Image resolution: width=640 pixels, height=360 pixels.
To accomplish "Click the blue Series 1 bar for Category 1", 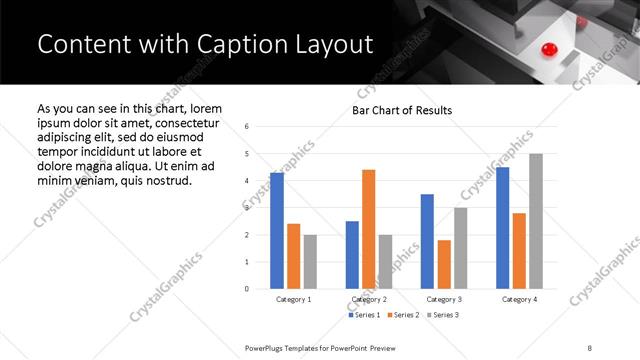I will coord(277,231).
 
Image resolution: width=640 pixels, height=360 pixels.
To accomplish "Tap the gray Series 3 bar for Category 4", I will coord(536,221).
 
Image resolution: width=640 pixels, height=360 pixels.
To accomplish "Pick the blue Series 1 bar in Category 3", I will coord(427,241).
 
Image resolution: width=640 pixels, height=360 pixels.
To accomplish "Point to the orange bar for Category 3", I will coord(444,264).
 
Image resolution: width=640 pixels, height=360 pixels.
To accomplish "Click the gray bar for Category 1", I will coord(310,261).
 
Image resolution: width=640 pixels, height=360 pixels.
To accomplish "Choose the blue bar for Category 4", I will coord(503,228).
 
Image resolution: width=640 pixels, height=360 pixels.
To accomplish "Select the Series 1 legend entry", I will coord(364,316).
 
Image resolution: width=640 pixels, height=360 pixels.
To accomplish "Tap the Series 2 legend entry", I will coord(402,316).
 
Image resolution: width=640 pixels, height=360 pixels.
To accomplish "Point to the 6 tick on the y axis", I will coord(247,127).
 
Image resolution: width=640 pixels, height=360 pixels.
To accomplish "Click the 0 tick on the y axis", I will coord(247,289).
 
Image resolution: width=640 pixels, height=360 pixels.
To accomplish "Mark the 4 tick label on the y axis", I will coord(247,181).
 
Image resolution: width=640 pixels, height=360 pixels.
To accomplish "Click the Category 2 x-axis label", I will coord(369,299).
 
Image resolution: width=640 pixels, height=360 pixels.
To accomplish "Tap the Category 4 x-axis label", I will coord(519,299).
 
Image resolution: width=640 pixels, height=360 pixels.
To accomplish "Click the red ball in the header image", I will coord(547,49).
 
